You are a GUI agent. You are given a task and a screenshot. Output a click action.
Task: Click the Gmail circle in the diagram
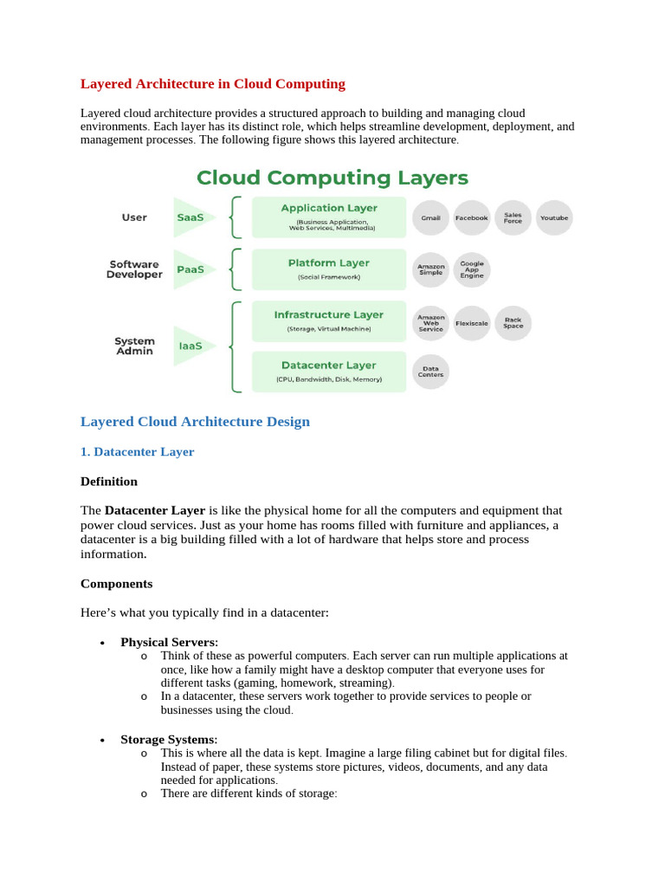pos(430,218)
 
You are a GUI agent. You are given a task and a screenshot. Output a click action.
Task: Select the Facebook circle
pos(472,218)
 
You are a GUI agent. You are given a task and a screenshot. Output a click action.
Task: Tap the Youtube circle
pos(554,218)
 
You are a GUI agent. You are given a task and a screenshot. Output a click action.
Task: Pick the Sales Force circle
pos(513,218)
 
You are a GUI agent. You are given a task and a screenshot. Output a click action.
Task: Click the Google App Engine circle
pos(472,269)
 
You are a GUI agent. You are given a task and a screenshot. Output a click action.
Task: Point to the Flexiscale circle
pos(472,323)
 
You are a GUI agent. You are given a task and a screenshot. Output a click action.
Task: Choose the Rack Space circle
pos(513,323)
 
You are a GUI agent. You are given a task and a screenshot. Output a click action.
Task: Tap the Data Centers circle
pos(430,372)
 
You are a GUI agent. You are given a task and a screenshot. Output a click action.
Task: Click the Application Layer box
pos(329,217)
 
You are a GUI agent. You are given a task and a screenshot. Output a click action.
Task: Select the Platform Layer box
pos(329,269)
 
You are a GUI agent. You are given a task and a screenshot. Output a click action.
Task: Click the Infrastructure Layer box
pos(329,321)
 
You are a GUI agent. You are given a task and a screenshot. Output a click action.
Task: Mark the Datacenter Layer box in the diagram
pos(329,372)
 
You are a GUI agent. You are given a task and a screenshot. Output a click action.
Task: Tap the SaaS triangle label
pos(191,217)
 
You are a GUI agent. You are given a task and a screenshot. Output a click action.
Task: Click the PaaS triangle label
pos(191,269)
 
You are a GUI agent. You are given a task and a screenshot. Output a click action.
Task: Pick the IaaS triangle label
pos(191,346)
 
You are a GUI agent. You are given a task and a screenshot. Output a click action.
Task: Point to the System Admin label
pos(134,346)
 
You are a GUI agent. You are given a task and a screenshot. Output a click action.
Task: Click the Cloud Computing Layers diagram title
pos(332,178)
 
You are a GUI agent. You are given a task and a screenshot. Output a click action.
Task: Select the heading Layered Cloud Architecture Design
pos(195,422)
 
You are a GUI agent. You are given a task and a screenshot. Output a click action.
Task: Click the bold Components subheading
pos(116,584)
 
